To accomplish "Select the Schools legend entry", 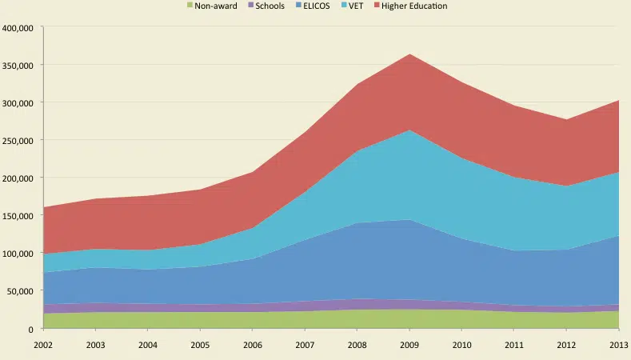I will [x=267, y=6].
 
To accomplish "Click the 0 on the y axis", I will [x=30, y=329].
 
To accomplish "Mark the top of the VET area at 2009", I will [x=409, y=130].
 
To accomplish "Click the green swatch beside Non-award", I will [x=190, y=6].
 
